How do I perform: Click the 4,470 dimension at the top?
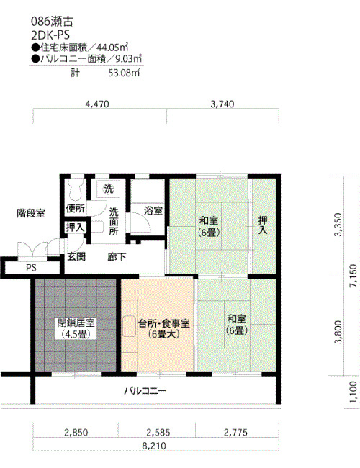pos(97,104)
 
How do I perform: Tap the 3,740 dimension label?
pos(222,104)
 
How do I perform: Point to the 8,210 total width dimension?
pos(154,446)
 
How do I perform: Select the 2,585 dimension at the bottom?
pos(158,432)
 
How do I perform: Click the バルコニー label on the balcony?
pos(145,391)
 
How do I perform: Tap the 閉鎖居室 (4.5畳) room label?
pos(76,328)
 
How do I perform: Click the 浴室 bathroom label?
pos(153,211)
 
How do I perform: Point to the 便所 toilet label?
pos(75,209)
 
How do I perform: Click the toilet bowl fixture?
pos(75,190)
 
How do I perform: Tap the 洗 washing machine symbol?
pos(109,189)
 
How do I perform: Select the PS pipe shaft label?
pos(31,267)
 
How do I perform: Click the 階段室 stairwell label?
pos(31,213)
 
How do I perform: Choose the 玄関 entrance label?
pos(76,256)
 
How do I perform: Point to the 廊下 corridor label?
pos(117,257)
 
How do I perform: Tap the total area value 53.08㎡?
pos(124,73)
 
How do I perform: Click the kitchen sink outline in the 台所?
pos(130,326)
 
